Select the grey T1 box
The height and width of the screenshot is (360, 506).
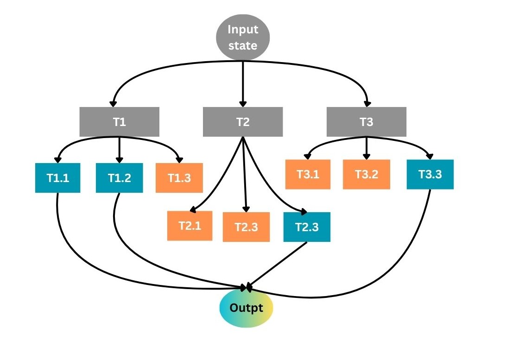120,122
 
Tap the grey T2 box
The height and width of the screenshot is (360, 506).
243,122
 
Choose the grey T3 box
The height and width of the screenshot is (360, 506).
367,122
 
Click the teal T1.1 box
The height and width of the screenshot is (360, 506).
58,177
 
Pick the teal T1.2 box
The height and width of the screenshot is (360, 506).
119,177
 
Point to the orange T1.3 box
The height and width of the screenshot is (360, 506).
179,178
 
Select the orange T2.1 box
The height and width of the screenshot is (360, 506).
190,226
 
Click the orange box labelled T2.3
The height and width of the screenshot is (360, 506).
246,227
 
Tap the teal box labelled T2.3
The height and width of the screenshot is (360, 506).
307,227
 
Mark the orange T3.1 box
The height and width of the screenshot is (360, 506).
308,174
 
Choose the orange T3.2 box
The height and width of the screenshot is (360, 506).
367,174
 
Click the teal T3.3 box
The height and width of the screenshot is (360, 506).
430,174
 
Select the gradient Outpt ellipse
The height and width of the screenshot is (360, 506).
246,308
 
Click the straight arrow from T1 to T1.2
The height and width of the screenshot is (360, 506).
120,147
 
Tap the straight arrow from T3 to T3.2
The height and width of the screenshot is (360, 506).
367,147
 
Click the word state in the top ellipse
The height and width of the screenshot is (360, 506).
242,46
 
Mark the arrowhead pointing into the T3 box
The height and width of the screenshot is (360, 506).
368,103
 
